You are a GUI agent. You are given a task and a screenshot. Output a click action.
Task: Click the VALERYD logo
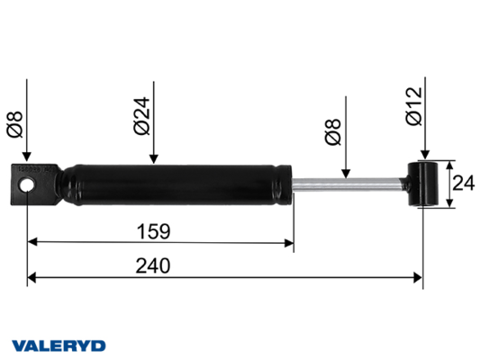point(59,346)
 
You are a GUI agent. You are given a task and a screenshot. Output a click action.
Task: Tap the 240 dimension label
point(153,265)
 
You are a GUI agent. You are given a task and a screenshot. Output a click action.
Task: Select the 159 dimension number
point(153,231)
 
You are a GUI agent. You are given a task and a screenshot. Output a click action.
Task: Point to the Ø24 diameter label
point(141,116)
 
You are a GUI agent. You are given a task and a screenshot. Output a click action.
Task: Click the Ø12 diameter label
point(414,106)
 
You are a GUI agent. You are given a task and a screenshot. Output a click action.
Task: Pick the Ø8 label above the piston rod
point(332,131)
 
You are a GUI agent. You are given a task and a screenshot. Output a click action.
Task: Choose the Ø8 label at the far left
point(14,124)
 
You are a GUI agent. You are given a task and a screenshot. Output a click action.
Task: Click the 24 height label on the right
point(464,184)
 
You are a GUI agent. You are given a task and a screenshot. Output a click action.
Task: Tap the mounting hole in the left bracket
point(27,185)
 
